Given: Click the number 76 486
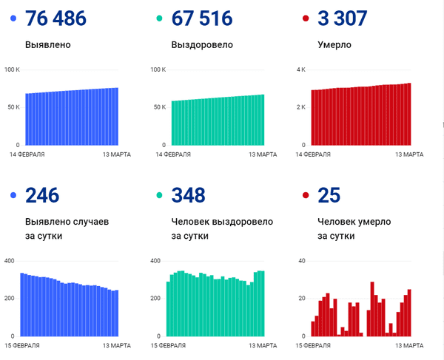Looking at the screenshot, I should pyautogui.click(x=55, y=18).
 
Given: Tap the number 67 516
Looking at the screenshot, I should pyautogui.click(x=201, y=18).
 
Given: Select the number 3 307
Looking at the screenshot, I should pyautogui.click(x=342, y=18).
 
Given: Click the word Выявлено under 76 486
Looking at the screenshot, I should pyautogui.click(x=48, y=44).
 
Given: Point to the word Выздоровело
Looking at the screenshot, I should pyautogui.click(x=202, y=44).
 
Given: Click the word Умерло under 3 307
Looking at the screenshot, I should pyautogui.click(x=334, y=44).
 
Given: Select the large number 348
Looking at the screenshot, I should pyautogui.click(x=188, y=195).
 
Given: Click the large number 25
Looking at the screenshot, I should pyautogui.click(x=328, y=195).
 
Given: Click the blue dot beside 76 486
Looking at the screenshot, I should pyautogui.click(x=13, y=18).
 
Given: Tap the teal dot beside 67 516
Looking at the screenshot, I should pyautogui.click(x=158, y=18).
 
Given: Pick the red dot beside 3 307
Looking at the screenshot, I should pyautogui.click(x=304, y=18).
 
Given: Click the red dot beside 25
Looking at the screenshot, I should pyautogui.click(x=304, y=195).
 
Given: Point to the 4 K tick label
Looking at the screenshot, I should pyautogui.click(x=301, y=69).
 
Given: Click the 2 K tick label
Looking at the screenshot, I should pyautogui.click(x=301, y=107).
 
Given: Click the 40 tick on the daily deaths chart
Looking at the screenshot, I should pyautogui.click(x=301, y=261).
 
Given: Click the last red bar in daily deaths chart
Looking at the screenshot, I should pyautogui.click(x=409, y=312).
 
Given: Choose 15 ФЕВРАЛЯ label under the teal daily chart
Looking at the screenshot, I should pyautogui.click(x=169, y=345).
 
